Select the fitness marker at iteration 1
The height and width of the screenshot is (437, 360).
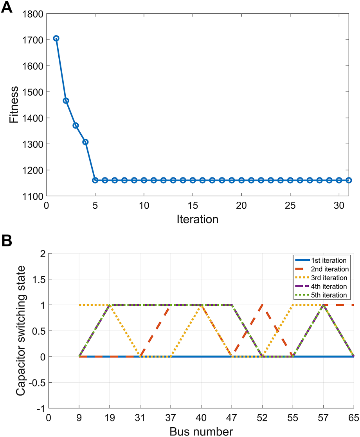click(x=56, y=38)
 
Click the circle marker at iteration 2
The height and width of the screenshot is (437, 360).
click(x=66, y=100)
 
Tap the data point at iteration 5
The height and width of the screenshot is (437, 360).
click(x=95, y=180)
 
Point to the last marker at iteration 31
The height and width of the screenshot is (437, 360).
click(x=349, y=180)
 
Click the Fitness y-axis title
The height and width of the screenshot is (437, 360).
click(x=14, y=105)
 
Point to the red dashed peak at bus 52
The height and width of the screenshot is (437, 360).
click(x=262, y=305)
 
